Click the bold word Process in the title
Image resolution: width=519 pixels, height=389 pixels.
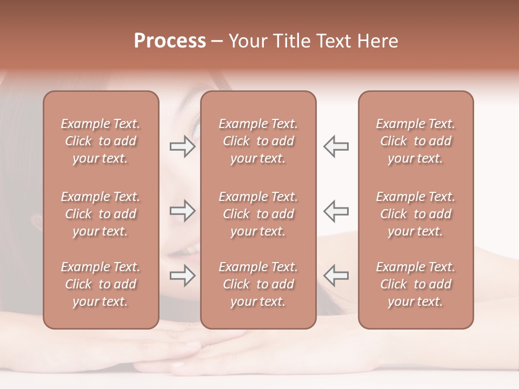[x=170, y=41]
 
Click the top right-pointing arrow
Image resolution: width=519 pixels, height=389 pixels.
[x=182, y=146]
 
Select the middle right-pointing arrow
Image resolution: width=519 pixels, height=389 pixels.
[x=182, y=211]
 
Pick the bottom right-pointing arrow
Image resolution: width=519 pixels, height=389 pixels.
[x=182, y=276]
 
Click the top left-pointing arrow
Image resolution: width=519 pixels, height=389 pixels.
[x=336, y=146]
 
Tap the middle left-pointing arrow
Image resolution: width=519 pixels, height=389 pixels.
[x=336, y=211]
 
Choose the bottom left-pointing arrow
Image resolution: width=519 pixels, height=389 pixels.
[x=336, y=276]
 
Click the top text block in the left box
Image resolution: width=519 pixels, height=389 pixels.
[x=101, y=141]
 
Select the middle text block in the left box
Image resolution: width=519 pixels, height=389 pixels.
[x=101, y=214]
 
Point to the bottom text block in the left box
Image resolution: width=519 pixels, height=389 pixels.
[x=101, y=284]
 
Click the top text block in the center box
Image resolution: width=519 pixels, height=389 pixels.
[x=258, y=141]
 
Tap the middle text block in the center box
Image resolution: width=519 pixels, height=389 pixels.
[x=258, y=214]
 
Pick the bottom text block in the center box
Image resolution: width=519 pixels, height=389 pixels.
[x=258, y=284]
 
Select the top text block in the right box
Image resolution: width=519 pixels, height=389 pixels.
[x=416, y=141]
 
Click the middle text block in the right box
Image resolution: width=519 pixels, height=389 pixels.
[x=416, y=214]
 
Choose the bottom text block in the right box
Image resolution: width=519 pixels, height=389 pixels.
[x=416, y=284]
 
